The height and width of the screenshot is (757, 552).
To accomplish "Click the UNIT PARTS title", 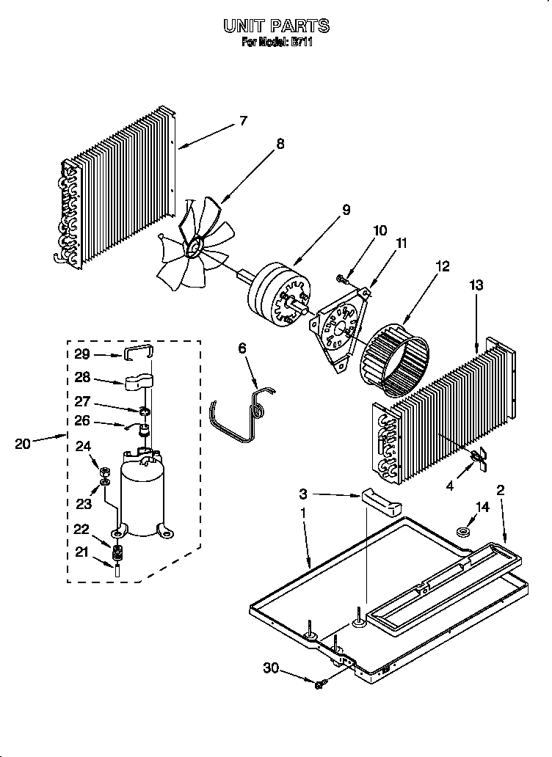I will click(276, 26).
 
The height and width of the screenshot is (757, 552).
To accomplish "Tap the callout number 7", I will click(243, 121).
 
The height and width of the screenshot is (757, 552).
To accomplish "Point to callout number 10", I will click(379, 230).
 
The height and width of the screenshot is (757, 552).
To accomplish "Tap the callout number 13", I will click(476, 285).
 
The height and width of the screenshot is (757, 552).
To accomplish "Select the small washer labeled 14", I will click(464, 531).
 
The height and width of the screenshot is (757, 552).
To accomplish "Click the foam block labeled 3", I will click(382, 503).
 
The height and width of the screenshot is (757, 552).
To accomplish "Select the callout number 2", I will click(501, 490).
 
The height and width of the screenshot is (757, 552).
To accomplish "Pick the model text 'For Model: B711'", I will click(276, 43).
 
